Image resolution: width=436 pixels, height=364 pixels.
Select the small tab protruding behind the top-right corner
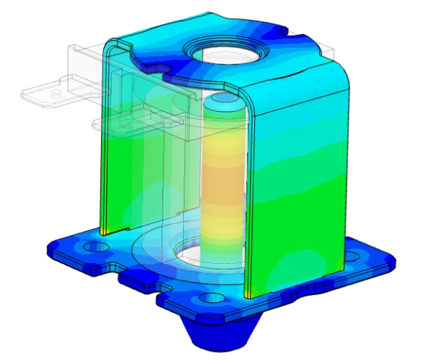(326, 50)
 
